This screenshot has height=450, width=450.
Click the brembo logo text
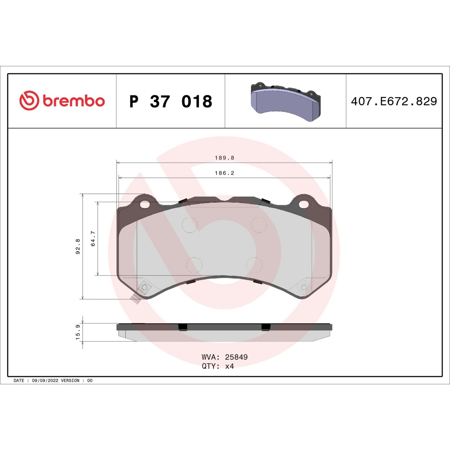[x=74, y=101]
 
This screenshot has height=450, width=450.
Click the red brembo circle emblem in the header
[x=29, y=100]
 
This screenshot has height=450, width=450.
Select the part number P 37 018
[x=170, y=102]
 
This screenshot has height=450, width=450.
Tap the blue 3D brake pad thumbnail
[x=285, y=101]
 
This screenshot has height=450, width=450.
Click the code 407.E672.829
[x=394, y=101]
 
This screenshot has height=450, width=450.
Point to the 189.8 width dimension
[x=224, y=158]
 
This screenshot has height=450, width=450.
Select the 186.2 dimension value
[x=224, y=173]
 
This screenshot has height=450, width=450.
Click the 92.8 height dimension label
[x=78, y=246]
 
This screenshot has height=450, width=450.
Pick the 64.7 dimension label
[x=93, y=238]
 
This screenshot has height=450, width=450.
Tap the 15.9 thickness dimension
[x=78, y=332]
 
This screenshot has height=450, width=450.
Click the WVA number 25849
[x=236, y=357]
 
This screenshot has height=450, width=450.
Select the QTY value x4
[x=229, y=366]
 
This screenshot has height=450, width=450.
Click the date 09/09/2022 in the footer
[x=45, y=381]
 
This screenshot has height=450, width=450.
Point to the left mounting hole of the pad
[x=145, y=204]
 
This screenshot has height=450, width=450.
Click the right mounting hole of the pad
[x=304, y=204]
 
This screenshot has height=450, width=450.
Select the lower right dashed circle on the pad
[x=255, y=265]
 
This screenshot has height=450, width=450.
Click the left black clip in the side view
[x=183, y=327]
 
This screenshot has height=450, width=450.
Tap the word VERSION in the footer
[x=70, y=381]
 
